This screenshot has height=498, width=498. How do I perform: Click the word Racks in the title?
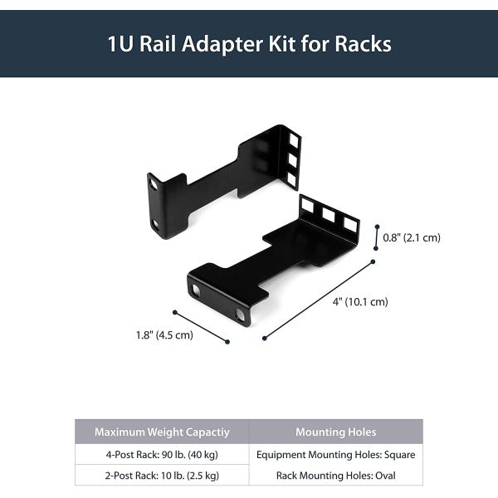pyautogui.click(x=362, y=44)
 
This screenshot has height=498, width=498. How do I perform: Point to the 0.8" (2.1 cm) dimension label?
pyautogui.click(x=412, y=237)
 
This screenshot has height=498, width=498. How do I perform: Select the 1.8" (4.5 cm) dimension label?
pyautogui.click(x=164, y=335)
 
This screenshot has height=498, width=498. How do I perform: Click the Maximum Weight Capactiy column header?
pyautogui.click(x=162, y=432)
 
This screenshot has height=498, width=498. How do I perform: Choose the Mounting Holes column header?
pyautogui.click(x=335, y=432)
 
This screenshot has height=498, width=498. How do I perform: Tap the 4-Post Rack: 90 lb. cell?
pyautogui.click(x=162, y=454)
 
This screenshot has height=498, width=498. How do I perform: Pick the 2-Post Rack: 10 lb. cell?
pyautogui.click(x=162, y=476)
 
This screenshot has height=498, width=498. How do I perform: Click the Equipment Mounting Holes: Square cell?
pyautogui.click(x=335, y=454)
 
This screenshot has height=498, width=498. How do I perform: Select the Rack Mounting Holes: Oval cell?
pyautogui.click(x=335, y=476)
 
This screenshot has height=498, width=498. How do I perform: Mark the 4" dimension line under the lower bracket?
pyautogui.click(x=319, y=300)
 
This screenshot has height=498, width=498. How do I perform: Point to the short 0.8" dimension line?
pyautogui.click(x=375, y=236)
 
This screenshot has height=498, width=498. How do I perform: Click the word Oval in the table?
pyautogui.click(x=383, y=476)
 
